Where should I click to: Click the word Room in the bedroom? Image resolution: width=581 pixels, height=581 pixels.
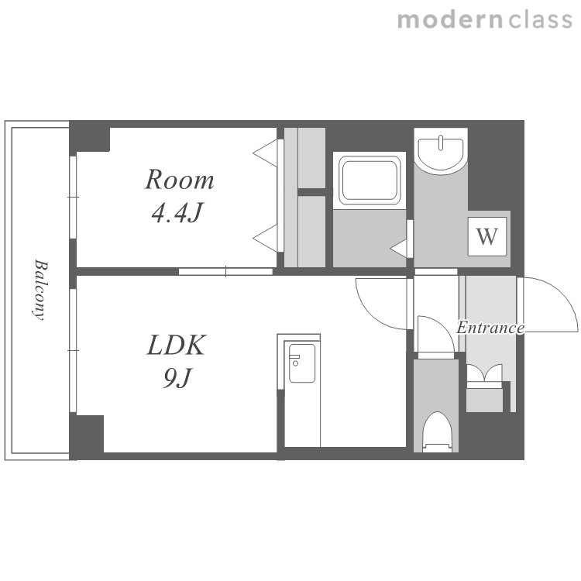[x=180, y=180]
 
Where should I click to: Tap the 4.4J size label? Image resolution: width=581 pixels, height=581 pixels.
[x=177, y=212]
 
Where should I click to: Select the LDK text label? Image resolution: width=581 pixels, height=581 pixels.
[x=176, y=345]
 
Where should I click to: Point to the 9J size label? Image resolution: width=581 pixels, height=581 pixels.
[x=177, y=378]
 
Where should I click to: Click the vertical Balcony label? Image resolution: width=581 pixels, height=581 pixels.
[x=40, y=290]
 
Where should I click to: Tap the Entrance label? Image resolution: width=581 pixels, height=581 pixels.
[x=490, y=328]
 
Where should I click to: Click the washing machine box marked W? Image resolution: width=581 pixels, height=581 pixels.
[x=486, y=236]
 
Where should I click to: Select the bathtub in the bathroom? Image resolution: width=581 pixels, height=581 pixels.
[x=370, y=180]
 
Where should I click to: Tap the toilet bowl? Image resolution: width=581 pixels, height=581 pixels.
[x=438, y=431]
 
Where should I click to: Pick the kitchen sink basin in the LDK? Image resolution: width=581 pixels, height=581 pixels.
[x=302, y=363]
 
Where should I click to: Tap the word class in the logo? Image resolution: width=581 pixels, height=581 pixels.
[x=541, y=20]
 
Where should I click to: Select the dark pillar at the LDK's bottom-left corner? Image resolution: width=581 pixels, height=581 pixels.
[x=87, y=437]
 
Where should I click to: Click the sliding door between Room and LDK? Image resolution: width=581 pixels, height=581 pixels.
[x=225, y=272]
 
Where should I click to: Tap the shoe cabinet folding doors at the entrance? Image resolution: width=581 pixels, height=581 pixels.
[x=484, y=373]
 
